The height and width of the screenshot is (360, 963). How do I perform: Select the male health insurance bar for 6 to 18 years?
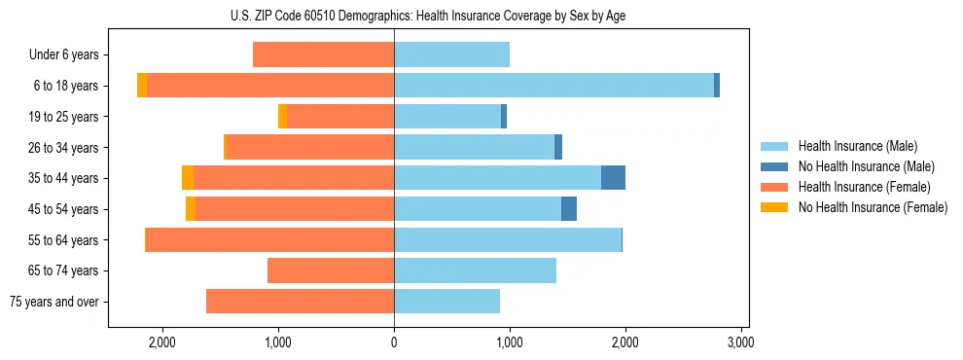click(553, 86)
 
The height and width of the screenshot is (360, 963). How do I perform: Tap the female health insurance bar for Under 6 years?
click(323, 54)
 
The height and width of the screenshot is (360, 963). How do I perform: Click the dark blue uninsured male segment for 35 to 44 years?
click(613, 178)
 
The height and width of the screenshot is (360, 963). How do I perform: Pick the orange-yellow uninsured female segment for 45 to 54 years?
click(191, 209)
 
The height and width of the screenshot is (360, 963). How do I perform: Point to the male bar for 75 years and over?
click(446, 302)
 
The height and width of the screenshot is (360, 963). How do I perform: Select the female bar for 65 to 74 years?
click(331, 270)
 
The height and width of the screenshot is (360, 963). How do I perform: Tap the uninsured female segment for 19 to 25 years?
click(282, 117)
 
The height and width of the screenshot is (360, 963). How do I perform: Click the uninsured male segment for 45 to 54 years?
click(569, 209)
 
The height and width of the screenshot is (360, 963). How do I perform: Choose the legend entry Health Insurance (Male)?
click(857, 146)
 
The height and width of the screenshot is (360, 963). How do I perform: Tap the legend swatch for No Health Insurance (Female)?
click(779, 207)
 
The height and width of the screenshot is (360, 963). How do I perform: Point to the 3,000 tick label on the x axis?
click(741, 342)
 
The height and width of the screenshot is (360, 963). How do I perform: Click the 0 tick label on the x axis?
click(394, 342)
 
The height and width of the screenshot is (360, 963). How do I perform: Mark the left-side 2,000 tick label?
click(162, 342)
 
